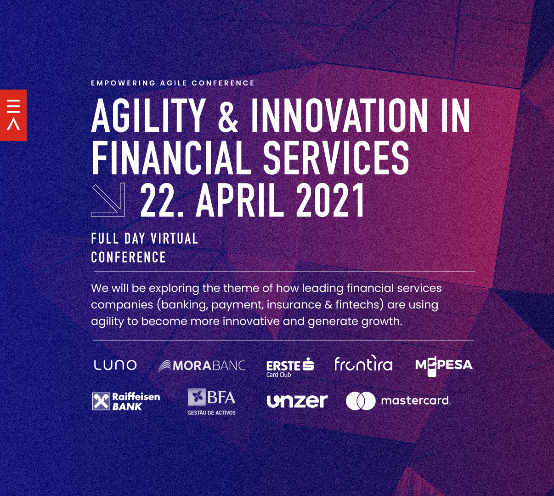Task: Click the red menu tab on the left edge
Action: pos(13,115)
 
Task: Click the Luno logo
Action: pos(115,365)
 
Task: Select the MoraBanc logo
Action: pos(202,366)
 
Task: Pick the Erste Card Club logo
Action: pos(290,368)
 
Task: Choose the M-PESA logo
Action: pos(444,367)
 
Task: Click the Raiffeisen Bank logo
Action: pos(126,401)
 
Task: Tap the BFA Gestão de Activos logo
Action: pos(211,402)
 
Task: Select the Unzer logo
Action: pos(297,401)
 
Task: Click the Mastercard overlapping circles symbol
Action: pos(361,401)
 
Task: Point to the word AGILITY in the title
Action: pos(148,116)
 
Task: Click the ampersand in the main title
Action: pos(228,116)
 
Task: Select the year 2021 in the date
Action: pos(331,200)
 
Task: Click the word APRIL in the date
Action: pos(239,200)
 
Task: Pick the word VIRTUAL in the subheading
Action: pos(175,239)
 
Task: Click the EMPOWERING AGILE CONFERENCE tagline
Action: pos(173,83)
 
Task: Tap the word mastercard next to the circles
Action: pos(415,401)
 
